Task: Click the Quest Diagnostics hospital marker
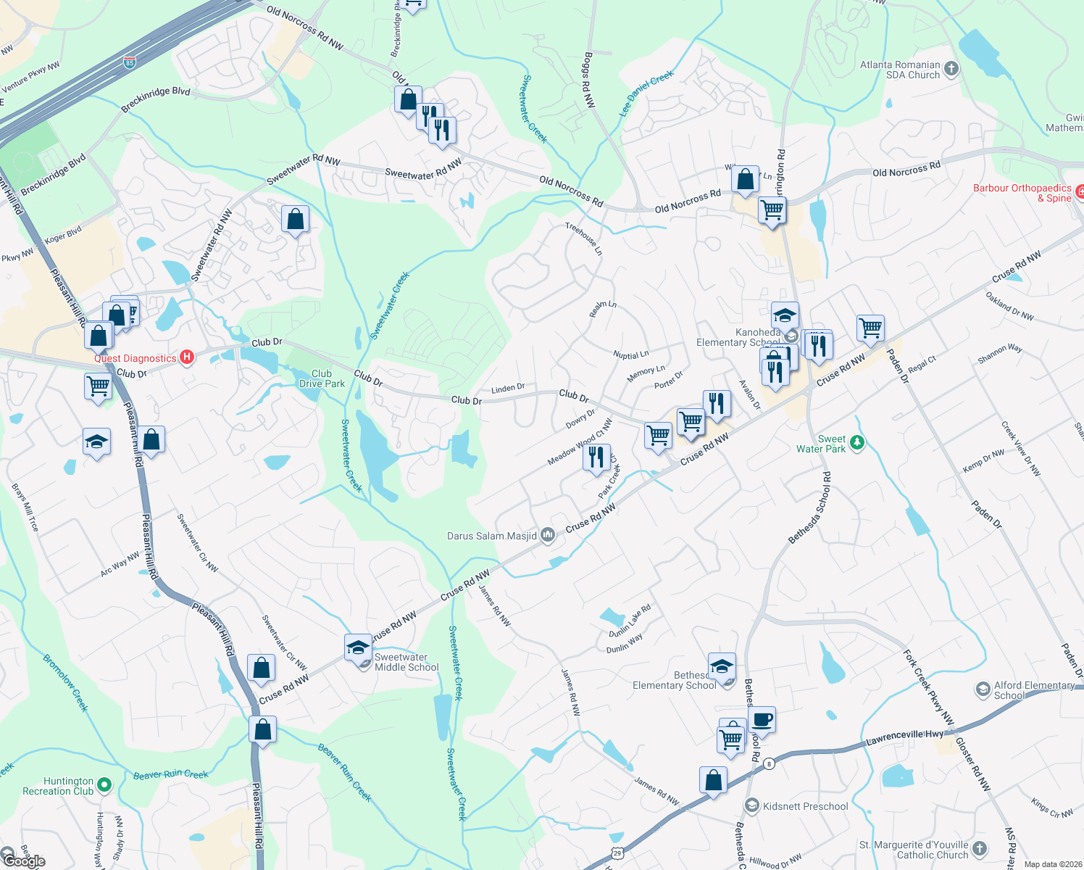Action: (187, 357)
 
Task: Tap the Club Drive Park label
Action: (322, 378)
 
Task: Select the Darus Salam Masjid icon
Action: (548, 536)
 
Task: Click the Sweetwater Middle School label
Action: (406, 662)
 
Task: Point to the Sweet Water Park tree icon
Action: (857, 442)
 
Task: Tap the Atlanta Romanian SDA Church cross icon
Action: (951, 69)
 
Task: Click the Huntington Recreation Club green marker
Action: (104, 784)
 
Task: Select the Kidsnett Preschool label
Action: (805, 806)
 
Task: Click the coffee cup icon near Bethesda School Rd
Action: (762, 720)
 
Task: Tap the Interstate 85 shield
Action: (129, 62)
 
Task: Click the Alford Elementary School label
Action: (1034, 690)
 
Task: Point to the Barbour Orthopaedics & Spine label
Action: (1022, 193)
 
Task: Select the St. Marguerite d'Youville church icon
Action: (980, 848)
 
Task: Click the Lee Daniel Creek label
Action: (646, 94)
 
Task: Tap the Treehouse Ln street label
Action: (584, 239)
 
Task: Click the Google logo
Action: (25, 861)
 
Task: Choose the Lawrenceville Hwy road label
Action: (905, 738)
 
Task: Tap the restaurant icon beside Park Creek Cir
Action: (596, 457)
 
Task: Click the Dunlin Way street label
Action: (625, 644)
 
